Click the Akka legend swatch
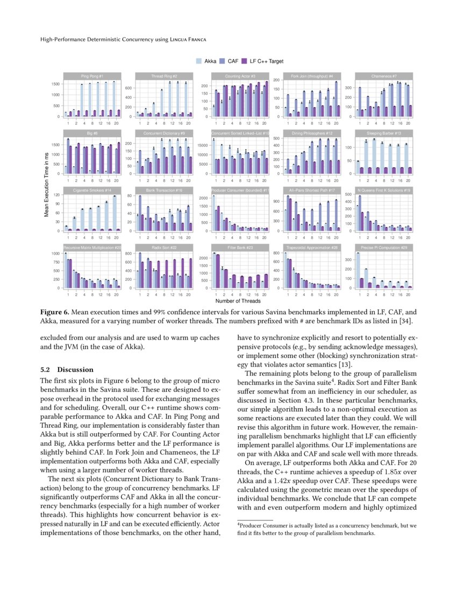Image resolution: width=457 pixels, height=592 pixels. coord(199,62)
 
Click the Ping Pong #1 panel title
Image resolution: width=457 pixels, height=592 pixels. coord(92,76)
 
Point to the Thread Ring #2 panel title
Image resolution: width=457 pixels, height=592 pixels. coord(164,76)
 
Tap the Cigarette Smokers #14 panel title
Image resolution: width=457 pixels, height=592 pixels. coord(92,190)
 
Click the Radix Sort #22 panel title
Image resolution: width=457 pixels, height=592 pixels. coord(164,247)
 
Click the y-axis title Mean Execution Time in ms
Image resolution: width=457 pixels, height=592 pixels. coord(48,184)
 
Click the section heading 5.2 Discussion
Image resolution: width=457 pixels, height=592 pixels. coord(67,370)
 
